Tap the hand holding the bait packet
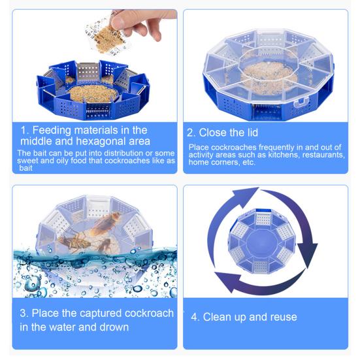pos(145,24)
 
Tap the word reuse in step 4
pos(282,317)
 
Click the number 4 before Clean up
pos(194,317)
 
